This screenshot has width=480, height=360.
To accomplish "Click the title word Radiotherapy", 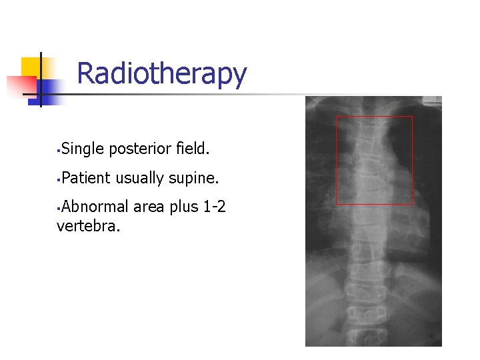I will [x=161, y=74].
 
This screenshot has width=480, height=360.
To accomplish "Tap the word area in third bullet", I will [x=149, y=207].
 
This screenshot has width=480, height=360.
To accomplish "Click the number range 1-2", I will [x=214, y=207].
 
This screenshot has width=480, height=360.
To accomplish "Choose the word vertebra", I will [x=89, y=226].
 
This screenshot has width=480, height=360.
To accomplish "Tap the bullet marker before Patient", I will [x=59, y=179].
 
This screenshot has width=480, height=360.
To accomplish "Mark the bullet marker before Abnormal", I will [x=59, y=208].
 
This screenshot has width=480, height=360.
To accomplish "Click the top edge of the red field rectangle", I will [x=374, y=117].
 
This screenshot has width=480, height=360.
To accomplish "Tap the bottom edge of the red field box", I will [x=374, y=204].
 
